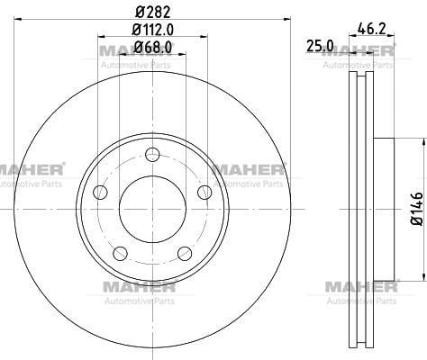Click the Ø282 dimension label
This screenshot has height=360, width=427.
(x=153, y=12)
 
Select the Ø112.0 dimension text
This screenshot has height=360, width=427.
(x=153, y=30)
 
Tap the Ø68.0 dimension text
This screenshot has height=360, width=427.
(x=153, y=47)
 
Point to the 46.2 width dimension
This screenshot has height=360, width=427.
(x=371, y=29)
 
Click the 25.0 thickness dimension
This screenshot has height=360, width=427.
(x=320, y=46)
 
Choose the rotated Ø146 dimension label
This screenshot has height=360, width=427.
(x=417, y=209)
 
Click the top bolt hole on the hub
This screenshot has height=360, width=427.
(x=152, y=155)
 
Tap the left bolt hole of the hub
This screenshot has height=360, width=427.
(x=100, y=193)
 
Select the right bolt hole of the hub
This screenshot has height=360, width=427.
(x=204, y=193)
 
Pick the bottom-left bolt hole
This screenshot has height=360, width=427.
(x=120, y=254)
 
